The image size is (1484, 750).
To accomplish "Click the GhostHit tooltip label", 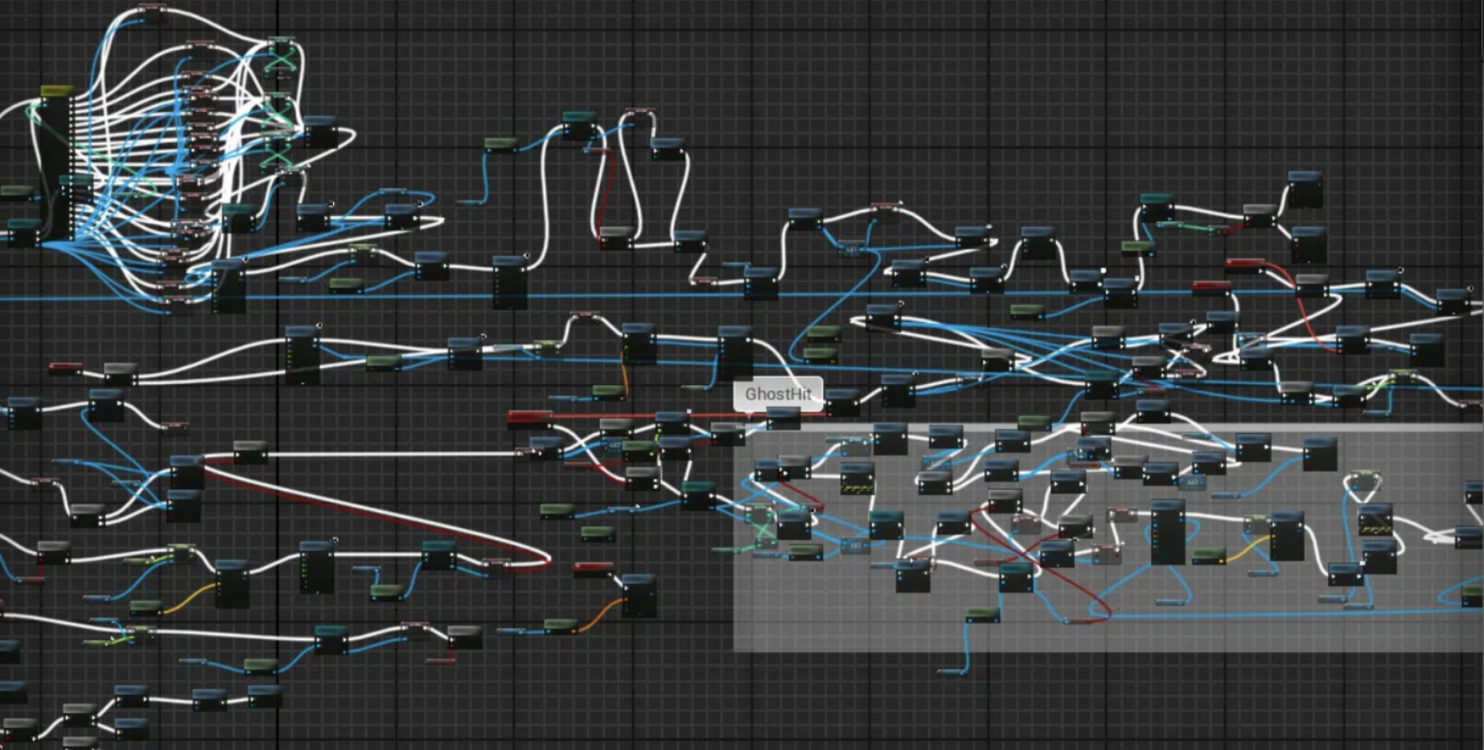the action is (x=778, y=394).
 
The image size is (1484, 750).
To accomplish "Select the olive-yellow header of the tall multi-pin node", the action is (x=57, y=91).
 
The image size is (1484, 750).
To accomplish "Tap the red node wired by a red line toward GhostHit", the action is (x=529, y=417).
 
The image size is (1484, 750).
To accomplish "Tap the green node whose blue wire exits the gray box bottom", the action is (x=982, y=614).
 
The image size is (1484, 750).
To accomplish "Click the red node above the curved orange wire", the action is (x=593, y=569).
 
